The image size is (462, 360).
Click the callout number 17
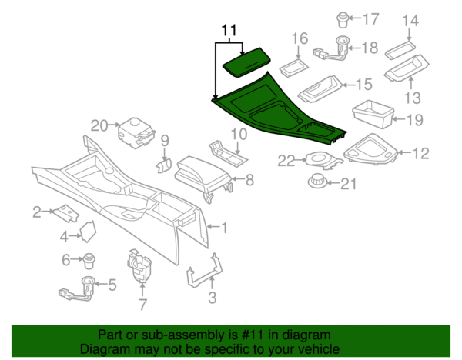click(371, 18)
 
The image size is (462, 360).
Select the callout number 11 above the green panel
click(228, 32)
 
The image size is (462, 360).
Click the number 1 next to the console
click(224, 228)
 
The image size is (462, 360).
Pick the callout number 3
click(213, 298)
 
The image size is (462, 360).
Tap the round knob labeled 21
click(315, 182)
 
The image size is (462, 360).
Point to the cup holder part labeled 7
click(139, 267)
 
